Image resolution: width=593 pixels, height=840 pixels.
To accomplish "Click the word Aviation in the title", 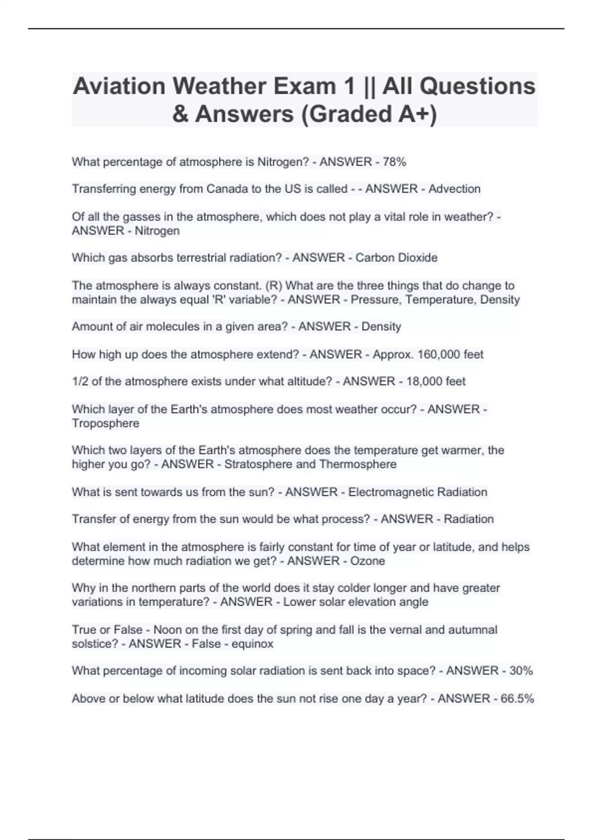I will click(x=119, y=86).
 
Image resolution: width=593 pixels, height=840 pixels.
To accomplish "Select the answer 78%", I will click(x=394, y=162).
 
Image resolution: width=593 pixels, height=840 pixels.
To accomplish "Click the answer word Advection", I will click(x=454, y=189).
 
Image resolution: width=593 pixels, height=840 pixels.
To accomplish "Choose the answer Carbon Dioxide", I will click(x=396, y=257).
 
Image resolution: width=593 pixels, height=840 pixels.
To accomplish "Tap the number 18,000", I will click(x=424, y=381).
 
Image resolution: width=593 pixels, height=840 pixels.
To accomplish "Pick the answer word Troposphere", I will click(x=105, y=423).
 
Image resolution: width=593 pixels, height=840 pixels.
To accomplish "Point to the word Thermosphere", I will click(x=358, y=464).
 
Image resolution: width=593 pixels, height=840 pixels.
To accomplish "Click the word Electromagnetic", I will click(x=384, y=492).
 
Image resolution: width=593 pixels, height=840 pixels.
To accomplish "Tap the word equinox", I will click(x=252, y=644).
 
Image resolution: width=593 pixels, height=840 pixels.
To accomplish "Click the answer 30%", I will click(x=521, y=671).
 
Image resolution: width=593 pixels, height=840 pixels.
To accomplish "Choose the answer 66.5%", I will click(x=517, y=699).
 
